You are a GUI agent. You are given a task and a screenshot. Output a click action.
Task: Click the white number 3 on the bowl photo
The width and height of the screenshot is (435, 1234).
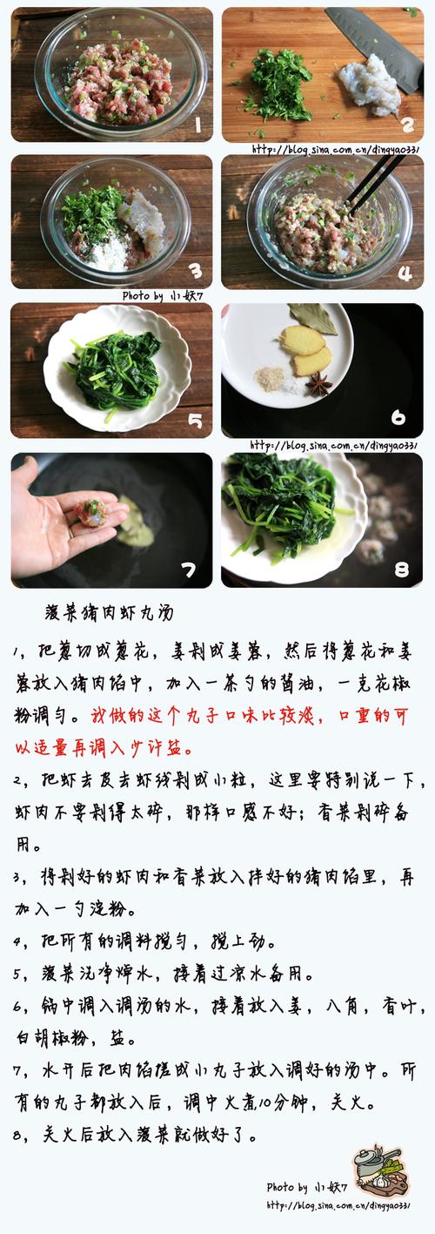tap(196, 269)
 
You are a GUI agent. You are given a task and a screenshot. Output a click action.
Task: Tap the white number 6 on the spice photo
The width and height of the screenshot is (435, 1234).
tap(398, 417)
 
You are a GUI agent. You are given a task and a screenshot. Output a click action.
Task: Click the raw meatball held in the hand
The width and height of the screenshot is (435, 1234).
tap(91, 512)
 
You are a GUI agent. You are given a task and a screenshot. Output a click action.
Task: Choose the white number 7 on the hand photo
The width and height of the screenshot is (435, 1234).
tap(188, 570)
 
